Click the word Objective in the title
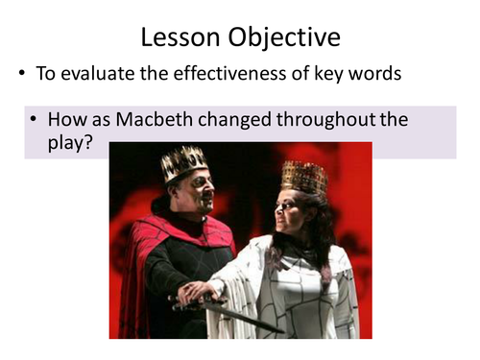tap(287, 38)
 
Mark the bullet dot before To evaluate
tap(20, 75)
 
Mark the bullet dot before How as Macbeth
tap(35, 121)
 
